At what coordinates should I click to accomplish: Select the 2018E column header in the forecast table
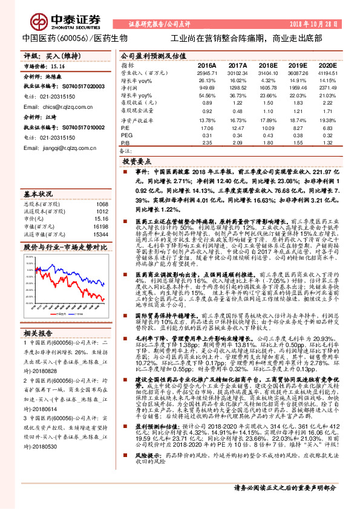pos(267,65)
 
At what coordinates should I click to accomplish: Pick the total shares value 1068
pos(102,204)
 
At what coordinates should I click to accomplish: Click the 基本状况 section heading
pos(38,194)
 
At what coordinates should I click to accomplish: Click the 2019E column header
pos(297,65)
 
